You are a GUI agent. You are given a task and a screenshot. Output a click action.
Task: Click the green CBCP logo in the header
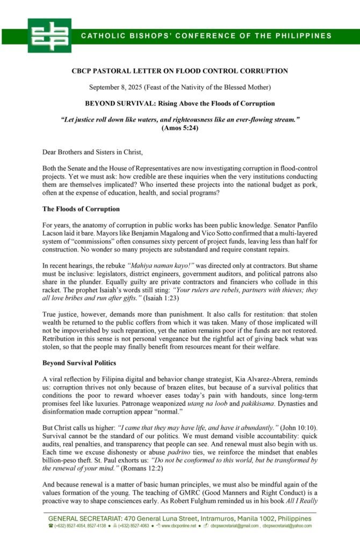coord(49,35)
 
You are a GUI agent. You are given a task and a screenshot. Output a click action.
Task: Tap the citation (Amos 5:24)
coord(180,128)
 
